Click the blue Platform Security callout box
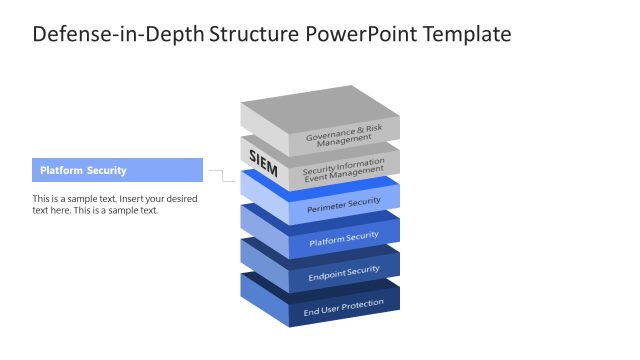coord(117,170)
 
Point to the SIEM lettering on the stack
coord(263,159)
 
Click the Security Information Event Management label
coord(344,170)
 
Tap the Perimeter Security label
coord(344,203)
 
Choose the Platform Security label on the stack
coord(344,237)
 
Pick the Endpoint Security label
coord(344,271)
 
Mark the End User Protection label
coord(344,305)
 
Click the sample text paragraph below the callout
coord(115,204)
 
